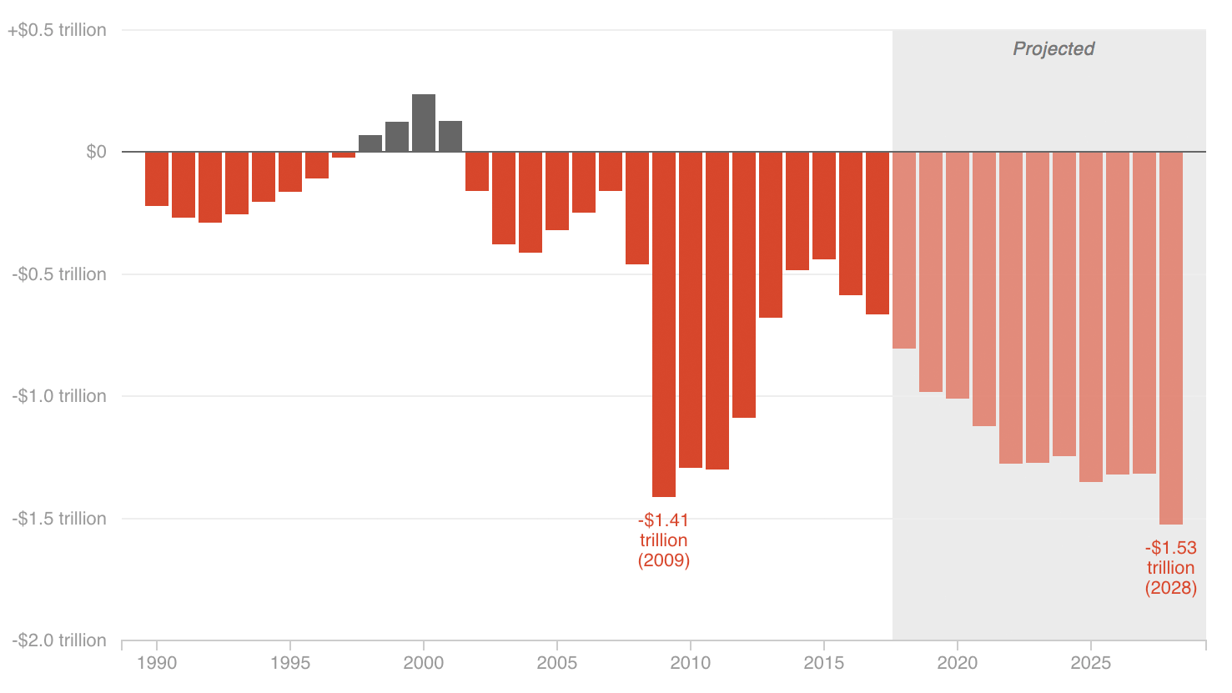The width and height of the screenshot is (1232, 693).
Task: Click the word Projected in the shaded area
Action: tap(1053, 49)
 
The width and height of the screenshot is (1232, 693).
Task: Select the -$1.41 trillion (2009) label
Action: tap(664, 540)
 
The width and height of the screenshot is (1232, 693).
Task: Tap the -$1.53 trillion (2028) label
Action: tap(1170, 568)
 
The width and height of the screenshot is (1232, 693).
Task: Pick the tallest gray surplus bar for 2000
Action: tap(424, 123)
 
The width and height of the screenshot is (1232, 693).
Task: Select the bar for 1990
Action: tap(157, 178)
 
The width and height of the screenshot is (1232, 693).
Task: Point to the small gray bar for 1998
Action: tap(370, 143)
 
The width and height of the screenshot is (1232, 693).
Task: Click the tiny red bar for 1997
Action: tap(344, 155)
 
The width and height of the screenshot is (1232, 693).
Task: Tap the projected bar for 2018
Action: tap(904, 250)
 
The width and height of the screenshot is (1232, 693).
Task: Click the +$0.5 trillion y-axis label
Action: tap(58, 31)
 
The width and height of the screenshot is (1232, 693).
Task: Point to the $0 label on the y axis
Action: tap(96, 152)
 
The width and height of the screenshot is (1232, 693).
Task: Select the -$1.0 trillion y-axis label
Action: tap(59, 396)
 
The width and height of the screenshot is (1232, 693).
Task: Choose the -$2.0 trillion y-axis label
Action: tap(59, 640)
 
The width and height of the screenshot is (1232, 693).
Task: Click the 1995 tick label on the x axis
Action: tap(290, 663)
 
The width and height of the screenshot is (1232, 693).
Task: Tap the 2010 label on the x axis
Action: tap(691, 663)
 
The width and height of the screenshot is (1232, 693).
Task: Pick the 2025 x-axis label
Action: tap(1091, 663)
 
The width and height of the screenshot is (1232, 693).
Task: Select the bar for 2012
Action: tap(744, 284)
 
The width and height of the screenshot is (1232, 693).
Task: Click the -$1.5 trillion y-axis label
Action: tap(59, 519)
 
